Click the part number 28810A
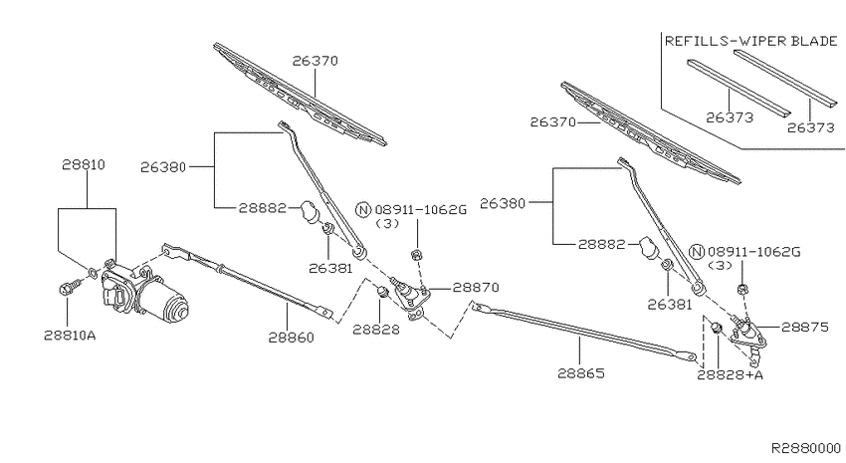pyautogui.click(x=70, y=336)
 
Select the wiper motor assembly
pyautogui.click(x=144, y=292)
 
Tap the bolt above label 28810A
pyautogui.click(x=69, y=288)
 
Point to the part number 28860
pyautogui.click(x=291, y=338)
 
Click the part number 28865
pyautogui.click(x=581, y=372)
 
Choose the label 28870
pyautogui.click(x=476, y=288)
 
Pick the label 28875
pyautogui.click(x=804, y=327)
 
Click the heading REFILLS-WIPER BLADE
pyautogui.click(x=750, y=41)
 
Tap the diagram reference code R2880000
pyautogui.click(x=805, y=448)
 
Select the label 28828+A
pyautogui.click(x=730, y=374)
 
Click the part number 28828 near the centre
pyautogui.click(x=376, y=330)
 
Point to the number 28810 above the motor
pyautogui.click(x=83, y=164)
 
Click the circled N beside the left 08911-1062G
pyautogui.click(x=363, y=209)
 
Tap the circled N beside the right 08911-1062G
pyautogui.click(x=697, y=252)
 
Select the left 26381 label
pyautogui.click(x=330, y=268)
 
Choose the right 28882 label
pyautogui.click(x=601, y=244)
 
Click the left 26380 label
pyautogui.click(x=163, y=167)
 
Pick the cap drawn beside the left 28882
pyautogui.click(x=311, y=210)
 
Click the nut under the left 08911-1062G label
pyautogui.click(x=416, y=254)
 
